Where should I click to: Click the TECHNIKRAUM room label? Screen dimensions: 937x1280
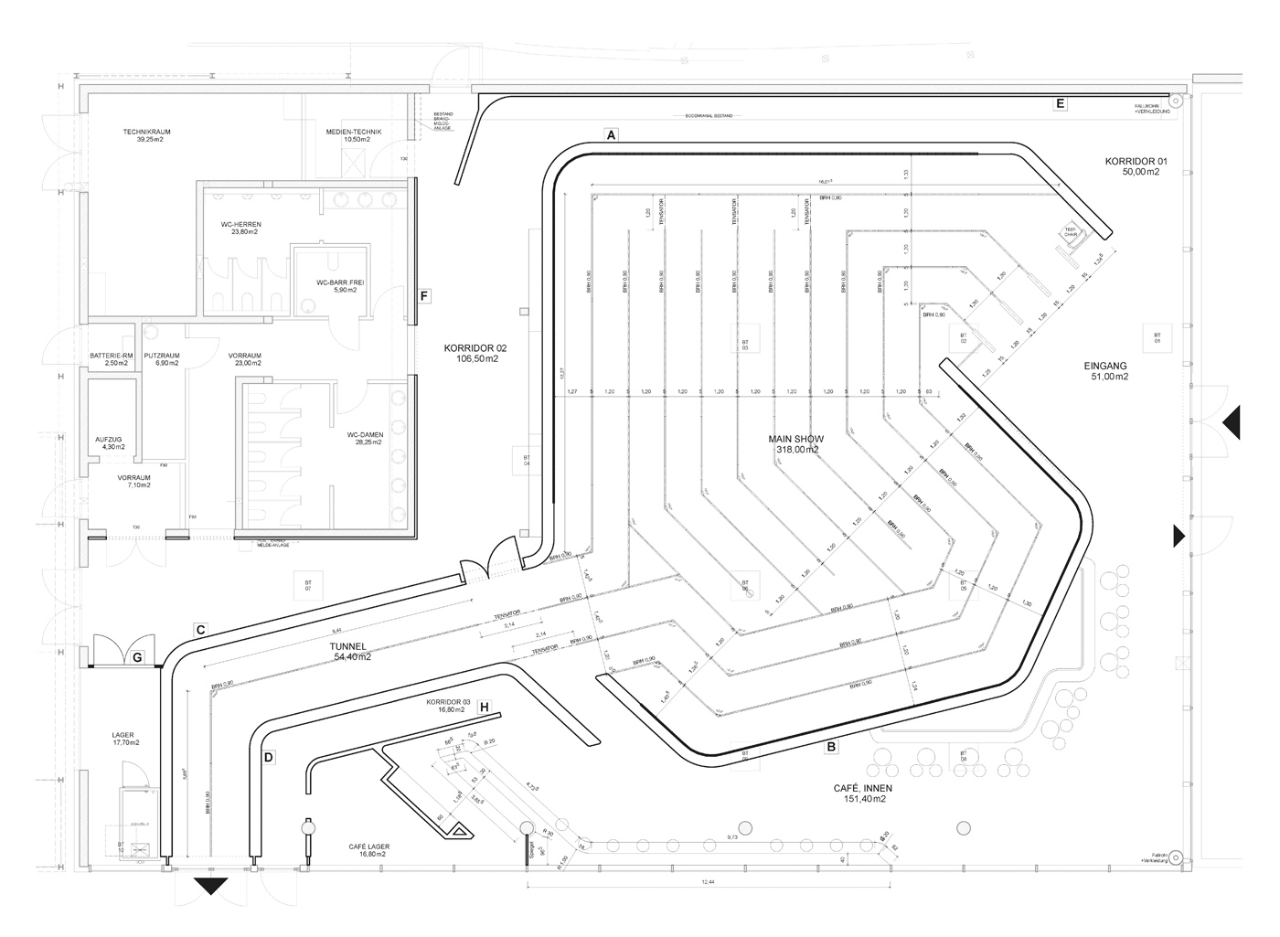tap(147, 132)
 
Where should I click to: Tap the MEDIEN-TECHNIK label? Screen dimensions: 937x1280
tap(353, 132)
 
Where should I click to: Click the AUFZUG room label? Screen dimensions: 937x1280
tap(109, 439)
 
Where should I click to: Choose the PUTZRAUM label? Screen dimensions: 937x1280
tap(161, 356)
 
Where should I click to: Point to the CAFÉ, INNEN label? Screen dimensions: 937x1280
tap(862, 788)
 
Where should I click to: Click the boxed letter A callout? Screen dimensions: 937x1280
tap(612, 134)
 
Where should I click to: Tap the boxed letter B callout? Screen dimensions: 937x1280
tap(830, 748)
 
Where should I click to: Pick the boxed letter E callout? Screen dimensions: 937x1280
tap(1060, 103)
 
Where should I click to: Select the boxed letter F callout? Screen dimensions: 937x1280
tap(423, 296)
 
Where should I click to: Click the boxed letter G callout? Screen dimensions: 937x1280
tap(137, 656)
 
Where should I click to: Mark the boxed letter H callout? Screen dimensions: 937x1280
tap(485, 708)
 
